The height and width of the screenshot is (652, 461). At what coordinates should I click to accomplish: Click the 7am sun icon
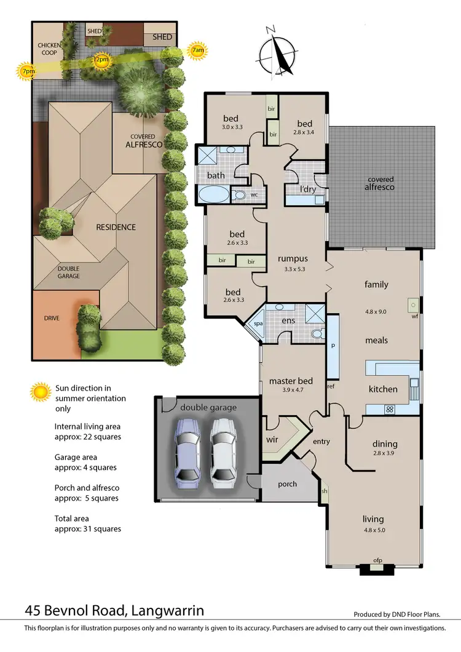[x=197, y=51]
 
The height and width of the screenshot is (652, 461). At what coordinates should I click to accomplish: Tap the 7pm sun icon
[x=27, y=71]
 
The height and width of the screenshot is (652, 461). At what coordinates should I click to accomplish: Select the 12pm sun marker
[x=101, y=60]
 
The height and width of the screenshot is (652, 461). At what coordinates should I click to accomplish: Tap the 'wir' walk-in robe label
[x=272, y=440]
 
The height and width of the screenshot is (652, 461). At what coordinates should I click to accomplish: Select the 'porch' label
[x=286, y=484]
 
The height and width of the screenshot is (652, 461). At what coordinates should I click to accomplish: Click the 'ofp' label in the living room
[x=379, y=560]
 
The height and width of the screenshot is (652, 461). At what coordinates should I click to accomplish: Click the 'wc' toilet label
[x=254, y=194]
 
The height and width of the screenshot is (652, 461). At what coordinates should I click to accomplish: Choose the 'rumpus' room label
[x=292, y=258]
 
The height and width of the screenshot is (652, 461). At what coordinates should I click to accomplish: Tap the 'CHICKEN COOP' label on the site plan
[x=47, y=49]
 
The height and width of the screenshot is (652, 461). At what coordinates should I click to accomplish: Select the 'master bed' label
[x=291, y=381]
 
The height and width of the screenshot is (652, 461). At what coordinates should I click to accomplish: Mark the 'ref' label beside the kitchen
[x=330, y=387]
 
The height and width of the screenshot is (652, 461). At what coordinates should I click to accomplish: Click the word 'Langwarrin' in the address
[x=167, y=611]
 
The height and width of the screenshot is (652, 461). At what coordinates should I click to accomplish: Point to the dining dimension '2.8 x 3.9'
[x=385, y=453]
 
